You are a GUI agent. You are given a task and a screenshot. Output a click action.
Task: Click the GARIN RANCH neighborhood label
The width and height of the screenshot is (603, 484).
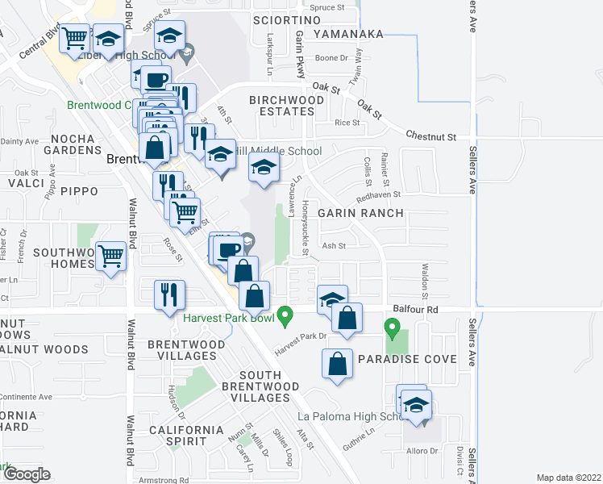(x=360, y=213)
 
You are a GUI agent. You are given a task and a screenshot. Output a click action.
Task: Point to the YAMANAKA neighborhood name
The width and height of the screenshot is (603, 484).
(x=347, y=34)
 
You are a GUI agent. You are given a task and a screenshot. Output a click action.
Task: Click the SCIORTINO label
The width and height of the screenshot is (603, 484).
(x=286, y=19)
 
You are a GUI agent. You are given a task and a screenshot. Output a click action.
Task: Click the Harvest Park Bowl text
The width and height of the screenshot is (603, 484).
(x=227, y=317)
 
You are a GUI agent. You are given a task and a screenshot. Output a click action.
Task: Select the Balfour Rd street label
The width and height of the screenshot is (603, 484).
(x=415, y=308)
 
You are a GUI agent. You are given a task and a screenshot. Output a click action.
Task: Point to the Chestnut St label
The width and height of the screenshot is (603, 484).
(x=431, y=136)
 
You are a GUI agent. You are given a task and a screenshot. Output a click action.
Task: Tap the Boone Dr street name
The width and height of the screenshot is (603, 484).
(x=331, y=57)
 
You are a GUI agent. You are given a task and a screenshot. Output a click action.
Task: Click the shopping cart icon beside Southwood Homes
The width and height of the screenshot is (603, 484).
(x=110, y=257)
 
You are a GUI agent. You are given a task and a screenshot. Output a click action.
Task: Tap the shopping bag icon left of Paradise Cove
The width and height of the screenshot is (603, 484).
(x=338, y=363)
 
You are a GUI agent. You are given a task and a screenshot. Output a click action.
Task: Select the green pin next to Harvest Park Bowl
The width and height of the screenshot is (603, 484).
(x=284, y=315)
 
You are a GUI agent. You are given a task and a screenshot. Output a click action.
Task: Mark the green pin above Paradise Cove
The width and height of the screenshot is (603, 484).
(x=392, y=328)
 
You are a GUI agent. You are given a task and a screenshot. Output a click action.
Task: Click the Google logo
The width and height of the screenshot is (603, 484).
(x=27, y=474)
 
